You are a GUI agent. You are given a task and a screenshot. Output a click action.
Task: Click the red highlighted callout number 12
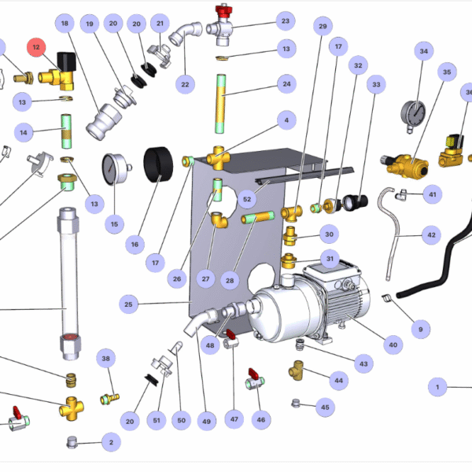coord(37,48)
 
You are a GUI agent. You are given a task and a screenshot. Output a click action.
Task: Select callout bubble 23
coord(285,21)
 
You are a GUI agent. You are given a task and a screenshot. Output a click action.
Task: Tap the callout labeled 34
coord(424,53)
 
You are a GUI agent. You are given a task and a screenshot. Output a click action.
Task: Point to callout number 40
coord(393,343)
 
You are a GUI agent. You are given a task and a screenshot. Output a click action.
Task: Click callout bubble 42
coord(430,234)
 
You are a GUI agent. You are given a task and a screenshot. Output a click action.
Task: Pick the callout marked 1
coord(437,386)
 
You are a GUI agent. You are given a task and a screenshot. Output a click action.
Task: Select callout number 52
coord(247,200)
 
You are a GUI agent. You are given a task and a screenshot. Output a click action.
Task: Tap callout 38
coord(107,359)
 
